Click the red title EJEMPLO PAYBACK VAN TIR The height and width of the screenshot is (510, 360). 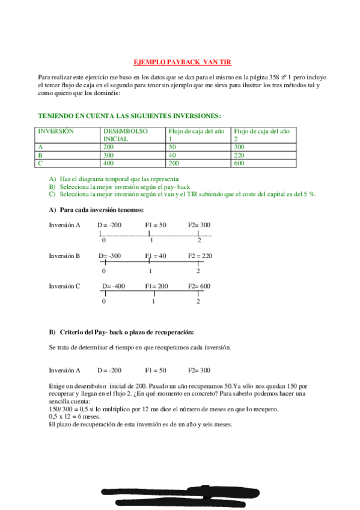pyautogui.click(x=181, y=62)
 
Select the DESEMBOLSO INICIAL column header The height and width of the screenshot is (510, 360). pyautogui.click(x=124, y=134)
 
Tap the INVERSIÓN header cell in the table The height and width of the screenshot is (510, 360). pyautogui.click(x=55, y=131)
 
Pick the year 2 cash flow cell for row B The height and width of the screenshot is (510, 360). pyautogui.click(x=241, y=155)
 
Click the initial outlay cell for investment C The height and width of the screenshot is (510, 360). pyautogui.click(x=108, y=162)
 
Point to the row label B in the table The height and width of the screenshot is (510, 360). pyautogui.click(x=40, y=155)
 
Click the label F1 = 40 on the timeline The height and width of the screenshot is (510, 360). pyautogui.click(x=156, y=256)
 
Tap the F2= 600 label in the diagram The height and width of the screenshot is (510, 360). pyautogui.click(x=200, y=286)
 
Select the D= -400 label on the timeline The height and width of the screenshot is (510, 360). pyautogui.click(x=114, y=286)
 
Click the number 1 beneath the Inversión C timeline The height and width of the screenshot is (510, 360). pyautogui.click(x=153, y=301)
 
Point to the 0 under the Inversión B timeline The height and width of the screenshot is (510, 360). pyautogui.click(x=105, y=271)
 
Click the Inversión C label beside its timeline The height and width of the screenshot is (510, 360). pyautogui.click(x=64, y=286)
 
